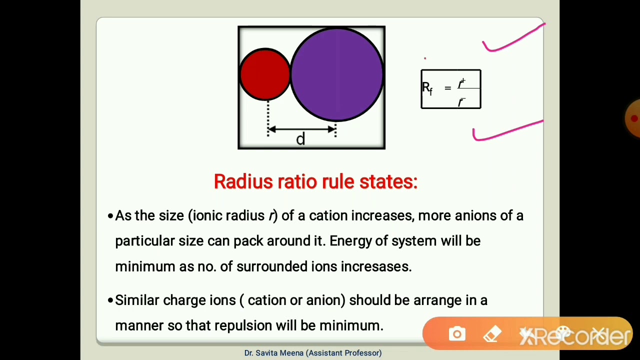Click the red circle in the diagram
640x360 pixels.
pos(264,74)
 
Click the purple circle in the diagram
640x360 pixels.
pos(337,74)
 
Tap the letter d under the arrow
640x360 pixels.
pos(300,139)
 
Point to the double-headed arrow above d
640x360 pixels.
pos(301,129)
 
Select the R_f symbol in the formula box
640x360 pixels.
pos(427,88)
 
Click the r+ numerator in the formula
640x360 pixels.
pos(461,82)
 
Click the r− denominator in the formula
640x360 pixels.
pos(461,102)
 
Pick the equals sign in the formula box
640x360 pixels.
pos(447,88)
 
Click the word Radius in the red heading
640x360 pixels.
pos(243,181)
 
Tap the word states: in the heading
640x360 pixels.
pos(388,181)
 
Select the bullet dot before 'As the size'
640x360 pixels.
pos(110,216)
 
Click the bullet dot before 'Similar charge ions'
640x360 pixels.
pos(110,300)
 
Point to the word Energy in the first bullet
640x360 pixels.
pos(350,241)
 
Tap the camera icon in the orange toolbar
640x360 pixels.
pos(457,334)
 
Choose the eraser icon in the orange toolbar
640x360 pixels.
pos(492,334)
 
